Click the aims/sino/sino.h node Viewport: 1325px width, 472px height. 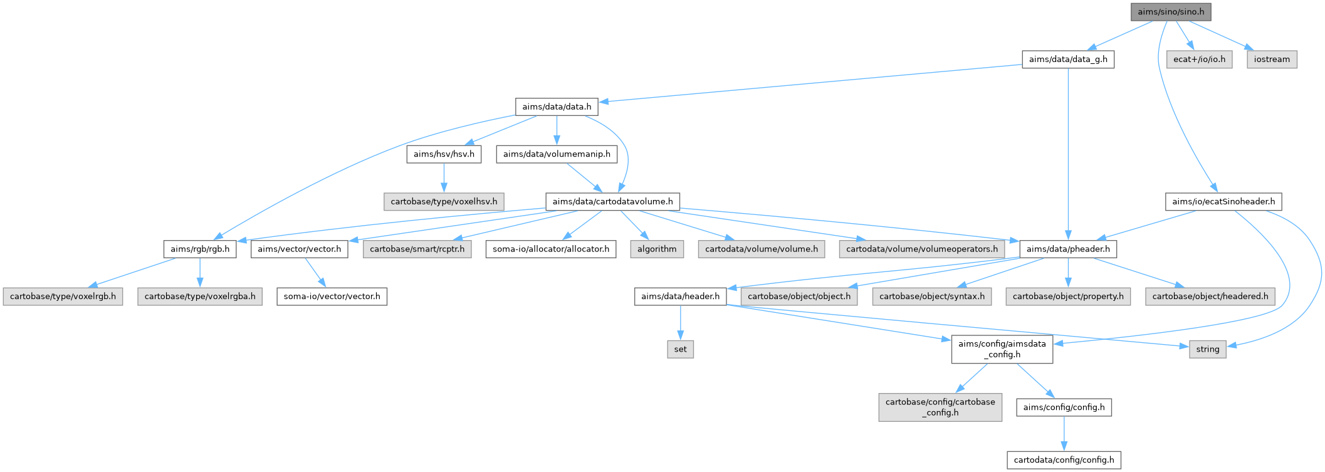coord(1171,12)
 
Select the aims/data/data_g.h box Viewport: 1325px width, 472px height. coord(1068,60)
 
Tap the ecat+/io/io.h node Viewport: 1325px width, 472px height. coord(1199,60)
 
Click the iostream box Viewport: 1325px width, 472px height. coord(1272,60)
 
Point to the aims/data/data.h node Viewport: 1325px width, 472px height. coord(557,107)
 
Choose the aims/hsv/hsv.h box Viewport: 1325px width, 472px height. coord(444,154)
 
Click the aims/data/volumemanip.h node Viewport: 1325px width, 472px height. coord(557,154)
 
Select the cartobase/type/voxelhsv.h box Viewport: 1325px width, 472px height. coord(444,202)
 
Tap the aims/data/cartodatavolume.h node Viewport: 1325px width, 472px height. coord(612,202)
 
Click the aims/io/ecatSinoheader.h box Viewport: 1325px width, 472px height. coord(1223,202)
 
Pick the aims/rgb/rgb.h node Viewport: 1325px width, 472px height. coord(200,249)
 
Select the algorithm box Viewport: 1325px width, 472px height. coord(657,249)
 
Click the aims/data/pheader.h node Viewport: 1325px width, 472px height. coord(1068,249)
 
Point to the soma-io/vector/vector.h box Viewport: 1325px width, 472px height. coord(332,296)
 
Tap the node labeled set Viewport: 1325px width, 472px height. coord(680,349)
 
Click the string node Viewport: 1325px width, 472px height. coord(1207,349)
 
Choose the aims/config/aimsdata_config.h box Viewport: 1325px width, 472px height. coord(1002,349)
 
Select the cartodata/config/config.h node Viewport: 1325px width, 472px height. coord(1064,460)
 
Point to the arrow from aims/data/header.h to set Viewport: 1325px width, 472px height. coord(680,323)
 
